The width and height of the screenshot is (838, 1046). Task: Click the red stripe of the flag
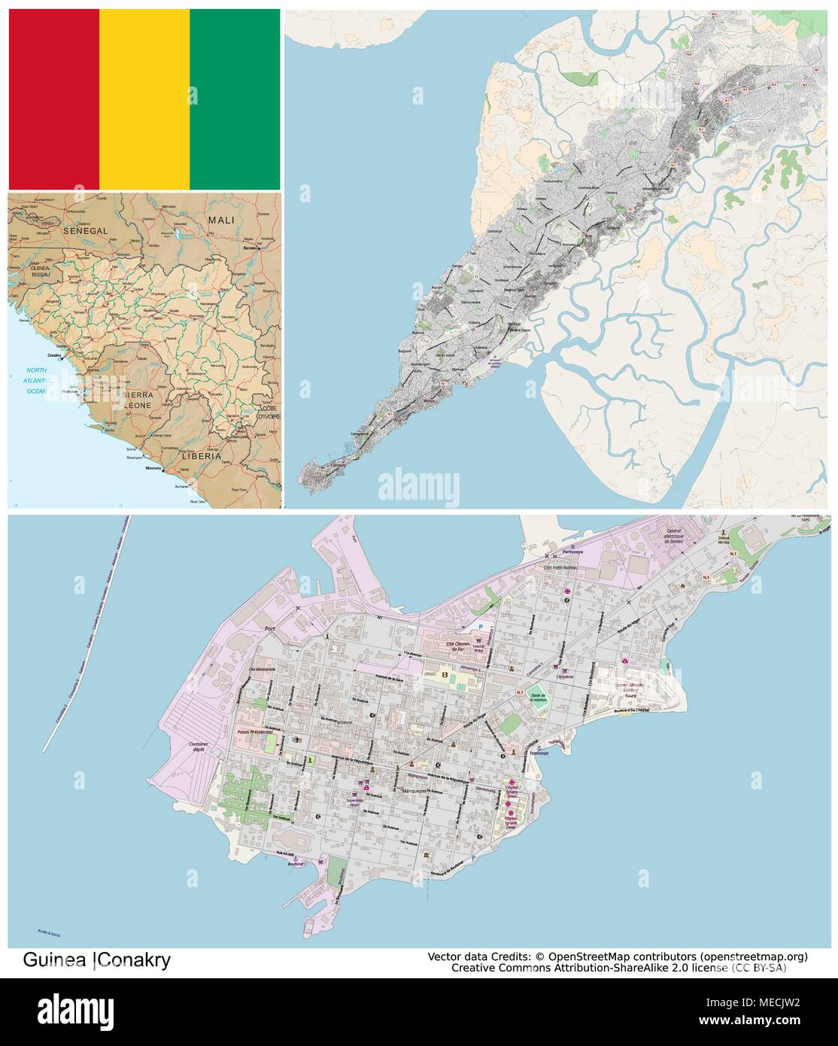click(53, 99)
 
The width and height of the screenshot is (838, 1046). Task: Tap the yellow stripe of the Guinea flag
click(144, 99)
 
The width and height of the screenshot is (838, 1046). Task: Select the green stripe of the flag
click(234, 99)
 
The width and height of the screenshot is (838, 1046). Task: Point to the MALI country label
click(221, 220)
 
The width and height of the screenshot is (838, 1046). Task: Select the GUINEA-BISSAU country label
click(40, 271)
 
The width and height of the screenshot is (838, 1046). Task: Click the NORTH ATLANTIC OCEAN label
click(36, 381)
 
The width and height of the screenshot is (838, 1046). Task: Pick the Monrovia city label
click(153, 468)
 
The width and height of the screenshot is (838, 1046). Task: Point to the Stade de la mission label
click(536, 697)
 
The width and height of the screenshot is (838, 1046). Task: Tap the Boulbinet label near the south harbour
click(296, 864)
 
